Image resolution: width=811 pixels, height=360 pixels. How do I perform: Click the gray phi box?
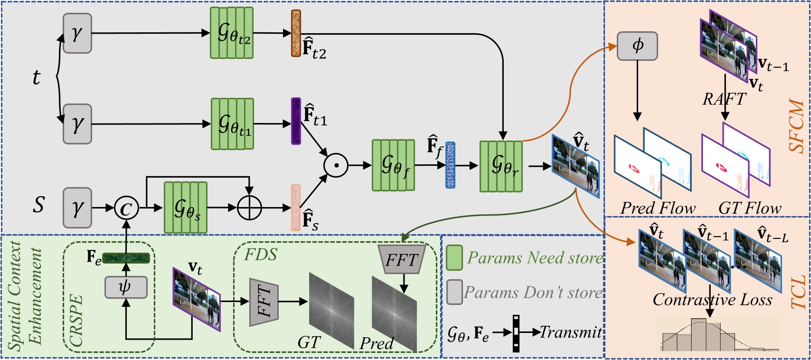tap(637, 46)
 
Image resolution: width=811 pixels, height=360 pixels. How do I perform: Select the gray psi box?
tap(125, 287)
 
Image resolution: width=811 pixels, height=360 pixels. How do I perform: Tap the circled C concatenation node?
tap(126, 208)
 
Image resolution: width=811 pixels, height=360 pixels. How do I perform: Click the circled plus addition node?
tap(249, 208)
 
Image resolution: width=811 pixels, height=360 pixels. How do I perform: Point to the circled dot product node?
tap(336, 165)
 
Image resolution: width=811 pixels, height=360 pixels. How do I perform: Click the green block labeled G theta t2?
tap(232, 33)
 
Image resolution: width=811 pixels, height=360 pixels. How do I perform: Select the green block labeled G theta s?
tap(186, 208)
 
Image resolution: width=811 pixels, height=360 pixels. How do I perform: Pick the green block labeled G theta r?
tap(501, 166)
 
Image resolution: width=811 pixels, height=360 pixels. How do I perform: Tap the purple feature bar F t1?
tap(296, 121)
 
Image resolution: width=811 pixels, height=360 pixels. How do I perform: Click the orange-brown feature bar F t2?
tap(296, 33)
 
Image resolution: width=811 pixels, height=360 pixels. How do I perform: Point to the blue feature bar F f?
tap(450, 165)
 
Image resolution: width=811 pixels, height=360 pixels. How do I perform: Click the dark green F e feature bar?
tap(126, 258)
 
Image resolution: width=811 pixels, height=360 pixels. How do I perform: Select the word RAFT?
tap(724, 99)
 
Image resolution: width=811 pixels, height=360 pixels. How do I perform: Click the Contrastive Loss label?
tap(712, 300)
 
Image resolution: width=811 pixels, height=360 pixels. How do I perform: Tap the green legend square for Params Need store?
tap(454, 258)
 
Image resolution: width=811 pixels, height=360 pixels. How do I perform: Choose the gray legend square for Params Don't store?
tap(454, 292)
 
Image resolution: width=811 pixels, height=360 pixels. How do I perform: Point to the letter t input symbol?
tap(37, 77)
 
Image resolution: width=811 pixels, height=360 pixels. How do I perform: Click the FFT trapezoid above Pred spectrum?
tap(401, 260)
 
